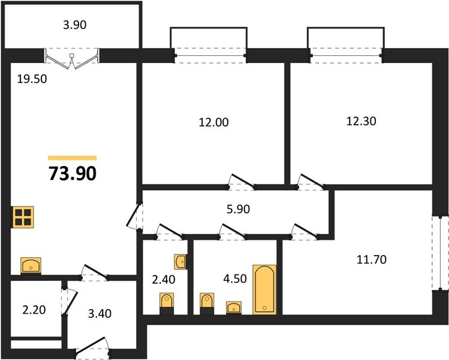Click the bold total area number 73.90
73,173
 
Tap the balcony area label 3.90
75,25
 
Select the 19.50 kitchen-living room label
32,79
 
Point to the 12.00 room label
213,122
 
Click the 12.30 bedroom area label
361,121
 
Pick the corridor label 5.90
238,209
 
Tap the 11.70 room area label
372,260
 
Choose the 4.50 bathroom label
235,278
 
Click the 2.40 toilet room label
164,280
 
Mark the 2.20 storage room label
34,310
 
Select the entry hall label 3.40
100,314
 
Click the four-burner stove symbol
23,217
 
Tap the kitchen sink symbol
31,265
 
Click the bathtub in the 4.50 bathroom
264,290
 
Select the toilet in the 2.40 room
167,304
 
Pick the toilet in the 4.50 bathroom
207,304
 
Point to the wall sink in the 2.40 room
180,262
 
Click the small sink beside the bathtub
234,308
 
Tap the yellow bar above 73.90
73,158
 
